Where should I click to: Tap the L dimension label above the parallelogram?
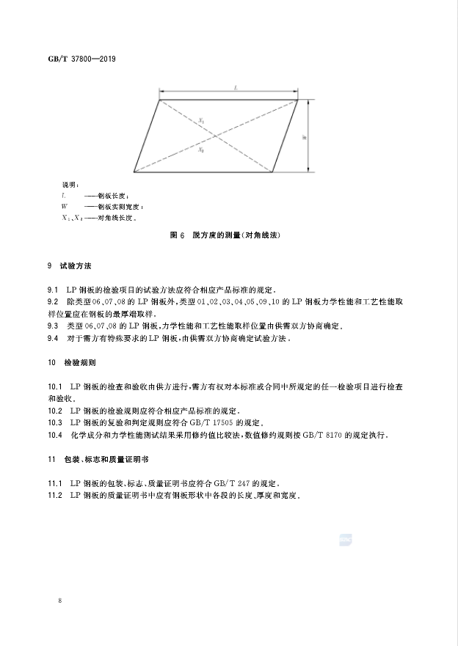[235, 88]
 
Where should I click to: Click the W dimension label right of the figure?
[304, 136]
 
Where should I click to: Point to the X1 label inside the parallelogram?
[203, 119]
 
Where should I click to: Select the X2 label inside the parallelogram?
[203, 150]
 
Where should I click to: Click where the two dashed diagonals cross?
[217, 136]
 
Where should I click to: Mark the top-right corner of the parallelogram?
[298, 100]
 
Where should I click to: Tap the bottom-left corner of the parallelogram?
[134, 172]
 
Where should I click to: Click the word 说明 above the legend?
[70, 185]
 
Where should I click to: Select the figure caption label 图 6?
[176, 236]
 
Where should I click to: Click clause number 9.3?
[53, 325]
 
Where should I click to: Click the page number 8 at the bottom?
[58, 601]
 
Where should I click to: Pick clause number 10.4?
[54, 435]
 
